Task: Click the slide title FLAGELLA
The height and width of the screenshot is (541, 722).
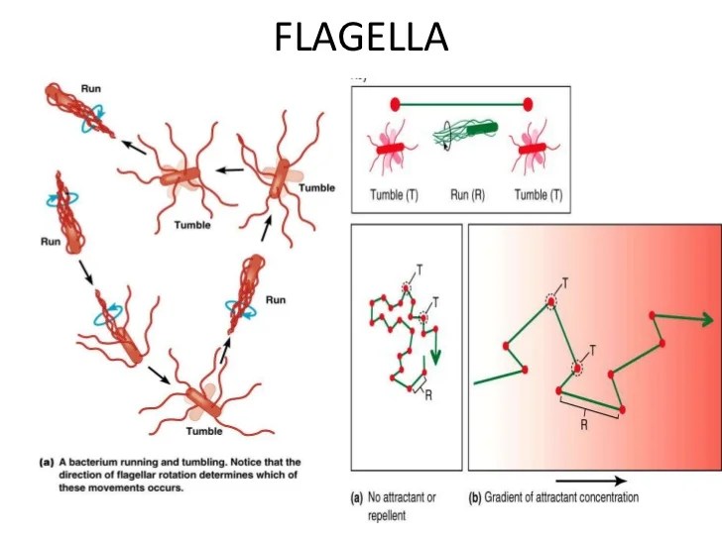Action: [361, 38]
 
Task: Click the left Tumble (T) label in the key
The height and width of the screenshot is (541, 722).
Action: [393, 195]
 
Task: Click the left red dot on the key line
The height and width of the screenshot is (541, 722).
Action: [396, 103]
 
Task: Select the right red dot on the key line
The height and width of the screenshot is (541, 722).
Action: [528, 103]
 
